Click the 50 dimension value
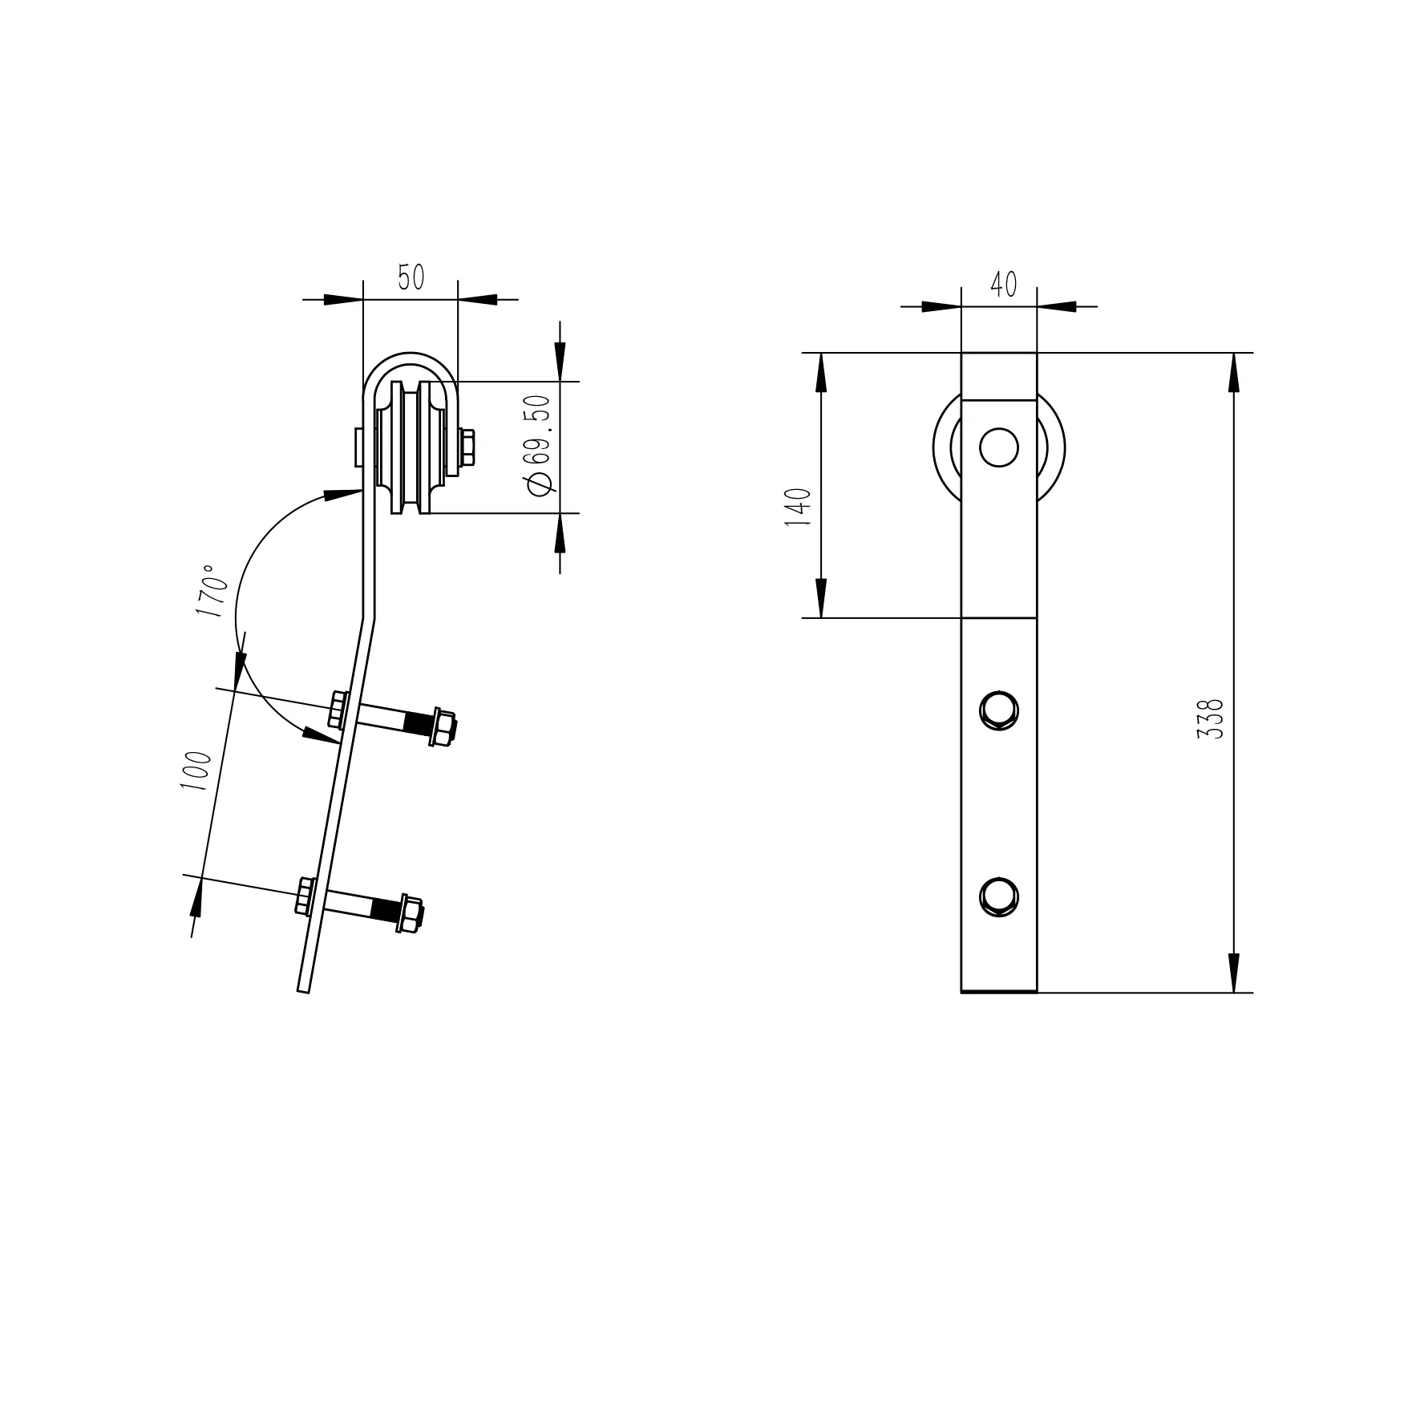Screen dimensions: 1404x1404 point(411,277)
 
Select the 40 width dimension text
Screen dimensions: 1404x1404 point(1003,284)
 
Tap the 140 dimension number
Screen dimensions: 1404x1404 point(799,506)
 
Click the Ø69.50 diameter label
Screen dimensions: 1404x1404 point(538,446)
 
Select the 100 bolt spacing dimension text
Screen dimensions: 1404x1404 point(196,771)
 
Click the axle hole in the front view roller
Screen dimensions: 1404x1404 point(998,447)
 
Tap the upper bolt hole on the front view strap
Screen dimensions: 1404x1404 point(999,710)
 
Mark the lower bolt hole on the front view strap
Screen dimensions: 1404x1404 point(999,896)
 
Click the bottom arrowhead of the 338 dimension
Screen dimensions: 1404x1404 point(1233,972)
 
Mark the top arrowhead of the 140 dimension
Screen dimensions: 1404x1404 point(821,373)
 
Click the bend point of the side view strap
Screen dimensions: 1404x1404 point(369,617)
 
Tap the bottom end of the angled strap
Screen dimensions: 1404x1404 point(303,989)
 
